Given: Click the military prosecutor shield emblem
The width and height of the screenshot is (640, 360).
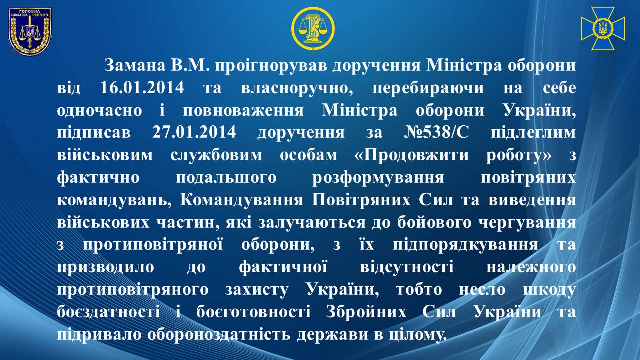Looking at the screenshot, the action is [30, 31].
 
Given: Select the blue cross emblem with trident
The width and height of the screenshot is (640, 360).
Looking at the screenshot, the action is [603, 29].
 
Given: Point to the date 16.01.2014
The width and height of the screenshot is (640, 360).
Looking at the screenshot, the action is [142, 88].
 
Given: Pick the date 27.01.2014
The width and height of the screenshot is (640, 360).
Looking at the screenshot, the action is [194, 132].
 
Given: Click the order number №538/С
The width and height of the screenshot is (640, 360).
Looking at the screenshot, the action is [437, 132].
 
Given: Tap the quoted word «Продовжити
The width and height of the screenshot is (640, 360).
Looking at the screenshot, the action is [411, 155].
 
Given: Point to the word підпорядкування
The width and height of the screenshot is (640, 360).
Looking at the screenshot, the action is [465, 245].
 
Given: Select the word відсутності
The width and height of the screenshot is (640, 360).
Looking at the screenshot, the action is [407, 268].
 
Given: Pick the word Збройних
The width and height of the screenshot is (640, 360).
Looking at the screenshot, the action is [366, 312].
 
